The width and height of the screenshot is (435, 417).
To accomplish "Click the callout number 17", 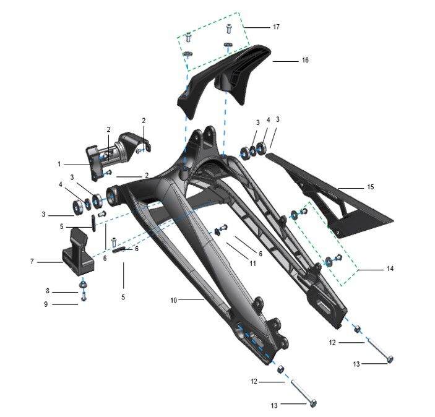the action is [276, 27].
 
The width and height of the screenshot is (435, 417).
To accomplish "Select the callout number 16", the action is [305, 60].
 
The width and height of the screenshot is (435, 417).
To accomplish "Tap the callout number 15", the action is [371, 187].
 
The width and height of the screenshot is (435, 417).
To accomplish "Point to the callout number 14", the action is [390, 269].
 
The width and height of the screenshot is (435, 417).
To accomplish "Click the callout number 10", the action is [173, 300].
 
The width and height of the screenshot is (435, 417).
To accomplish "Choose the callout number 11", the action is [252, 263].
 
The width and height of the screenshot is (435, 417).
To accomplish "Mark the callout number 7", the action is [32, 261].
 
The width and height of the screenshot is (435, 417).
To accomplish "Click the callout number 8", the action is [48, 291].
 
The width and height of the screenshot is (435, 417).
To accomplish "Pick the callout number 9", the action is [46, 304].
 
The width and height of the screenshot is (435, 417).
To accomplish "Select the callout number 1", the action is [59, 164].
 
